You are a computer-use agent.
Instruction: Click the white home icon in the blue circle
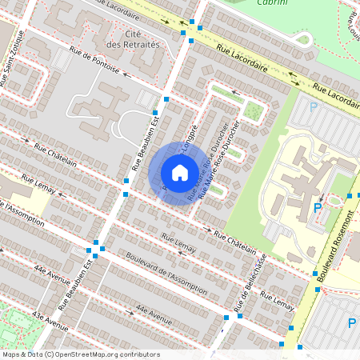(x=180, y=172)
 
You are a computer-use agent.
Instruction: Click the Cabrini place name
(x=273, y=3)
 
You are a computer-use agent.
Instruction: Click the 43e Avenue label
(x=52, y=319)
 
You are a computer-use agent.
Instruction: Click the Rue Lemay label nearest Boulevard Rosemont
(x=278, y=302)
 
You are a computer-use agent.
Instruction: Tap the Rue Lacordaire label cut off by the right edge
(x=335, y=95)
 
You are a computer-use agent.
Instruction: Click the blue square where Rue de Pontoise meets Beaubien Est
(x=166, y=98)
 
